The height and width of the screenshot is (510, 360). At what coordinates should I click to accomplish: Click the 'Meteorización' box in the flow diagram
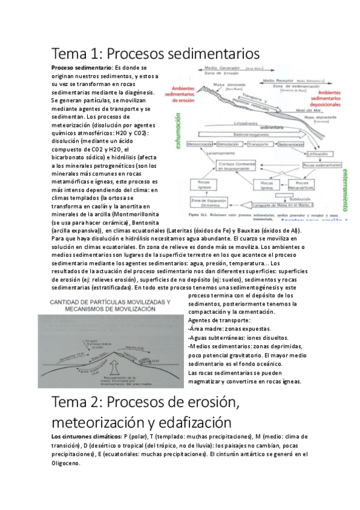click(x=203, y=145)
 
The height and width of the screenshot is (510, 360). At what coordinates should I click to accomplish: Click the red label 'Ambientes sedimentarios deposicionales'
click(x=334, y=96)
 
